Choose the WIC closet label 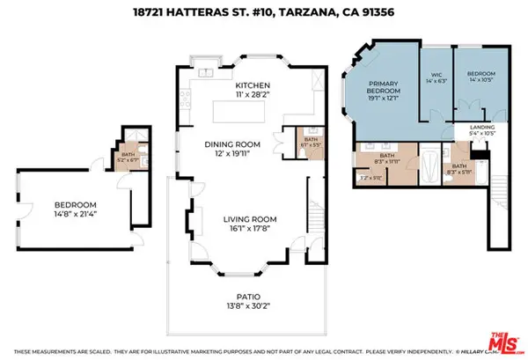435,75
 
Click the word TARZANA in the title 309,11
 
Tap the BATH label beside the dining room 310,138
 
